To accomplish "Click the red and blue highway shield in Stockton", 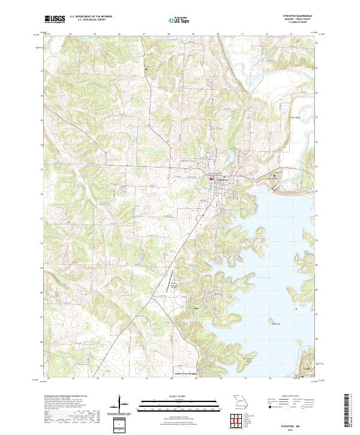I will click(211, 178).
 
